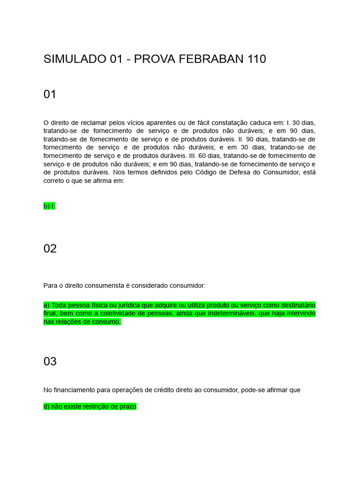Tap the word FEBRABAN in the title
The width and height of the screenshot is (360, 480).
point(211,59)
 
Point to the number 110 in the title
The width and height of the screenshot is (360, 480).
point(254,59)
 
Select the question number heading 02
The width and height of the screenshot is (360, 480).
point(50,248)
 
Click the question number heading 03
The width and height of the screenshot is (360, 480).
point(50,361)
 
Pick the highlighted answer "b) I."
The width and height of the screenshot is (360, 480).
point(49,206)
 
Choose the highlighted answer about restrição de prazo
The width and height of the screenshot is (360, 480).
point(90,406)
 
